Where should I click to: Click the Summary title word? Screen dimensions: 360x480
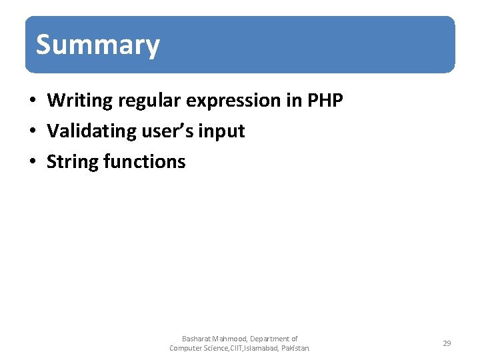coord(98,45)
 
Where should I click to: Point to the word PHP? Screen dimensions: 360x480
coord(325,101)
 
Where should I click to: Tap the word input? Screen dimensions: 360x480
coord(224,131)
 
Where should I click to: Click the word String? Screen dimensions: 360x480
coord(73,161)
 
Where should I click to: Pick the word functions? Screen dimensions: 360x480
coord(145,161)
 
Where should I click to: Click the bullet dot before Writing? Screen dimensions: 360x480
coord(31,101)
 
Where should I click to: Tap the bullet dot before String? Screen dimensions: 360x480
coord(31,162)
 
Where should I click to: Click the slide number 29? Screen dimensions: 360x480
coord(447,343)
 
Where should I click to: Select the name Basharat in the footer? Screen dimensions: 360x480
coord(196,339)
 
